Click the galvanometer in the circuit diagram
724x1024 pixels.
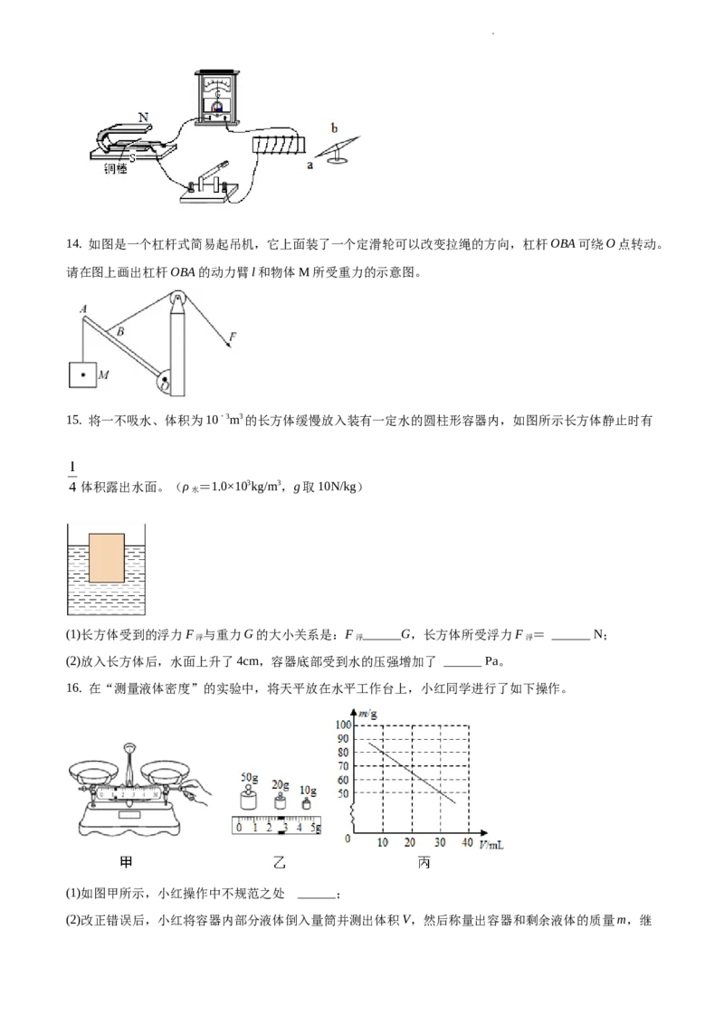pyautogui.click(x=217, y=96)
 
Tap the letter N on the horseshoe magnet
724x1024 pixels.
pyautogui.click(x=143, y=118)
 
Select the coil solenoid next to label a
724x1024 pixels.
pyautogui.click(x=279, y=143)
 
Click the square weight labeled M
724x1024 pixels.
pyautogui.click(x=82, y=375)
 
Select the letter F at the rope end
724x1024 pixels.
pyautogui.click(x=233, y=337)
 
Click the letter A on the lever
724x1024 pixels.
pyautogui.click(x=83, y=308)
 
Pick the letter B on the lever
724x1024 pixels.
pyautogui.click(x=120, y=332)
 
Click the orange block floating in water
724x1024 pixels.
pyautogui.click(x=106, y=558)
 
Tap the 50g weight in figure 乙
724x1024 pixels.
pyautogui.click(x=249, y=798)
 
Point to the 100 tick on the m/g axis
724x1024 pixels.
pyautogui.click(x=343, y=725)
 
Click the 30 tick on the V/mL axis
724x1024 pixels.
pyautogui.click(x=439, y=842)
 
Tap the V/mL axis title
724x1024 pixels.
pyautogui.click(x=491, y=844)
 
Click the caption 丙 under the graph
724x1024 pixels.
pyautogui.click(x=424, y=863)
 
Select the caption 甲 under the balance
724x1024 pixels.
pyautogui.click(x=126, y=863)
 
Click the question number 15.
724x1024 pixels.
pyautogui.click(x=74, y=421)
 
